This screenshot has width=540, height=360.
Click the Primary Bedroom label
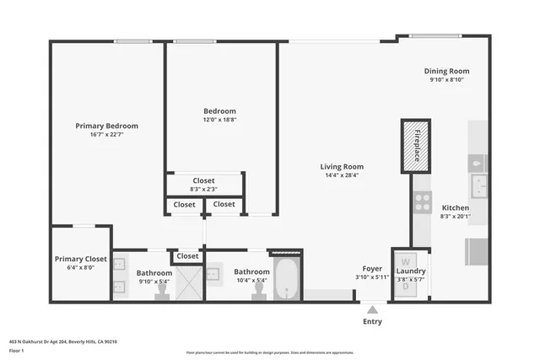pos(106,126)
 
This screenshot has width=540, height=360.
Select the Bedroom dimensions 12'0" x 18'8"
pos(219,121)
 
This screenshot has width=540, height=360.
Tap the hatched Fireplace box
pos(416,146)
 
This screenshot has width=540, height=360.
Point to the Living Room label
pos(342,166)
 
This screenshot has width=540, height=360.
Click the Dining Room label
pos(446,71)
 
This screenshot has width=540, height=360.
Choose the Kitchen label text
pos(455,207)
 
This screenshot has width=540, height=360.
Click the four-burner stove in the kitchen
pos(421,203)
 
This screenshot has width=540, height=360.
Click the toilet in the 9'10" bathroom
pos(162,290)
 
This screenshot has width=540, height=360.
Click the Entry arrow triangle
pos(372,309)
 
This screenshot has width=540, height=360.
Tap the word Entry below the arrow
pos(372,321)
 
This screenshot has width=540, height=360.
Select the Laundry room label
pos(410,271)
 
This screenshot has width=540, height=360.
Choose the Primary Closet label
pos(81,259)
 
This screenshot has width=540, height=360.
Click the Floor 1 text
pos(15,349)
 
